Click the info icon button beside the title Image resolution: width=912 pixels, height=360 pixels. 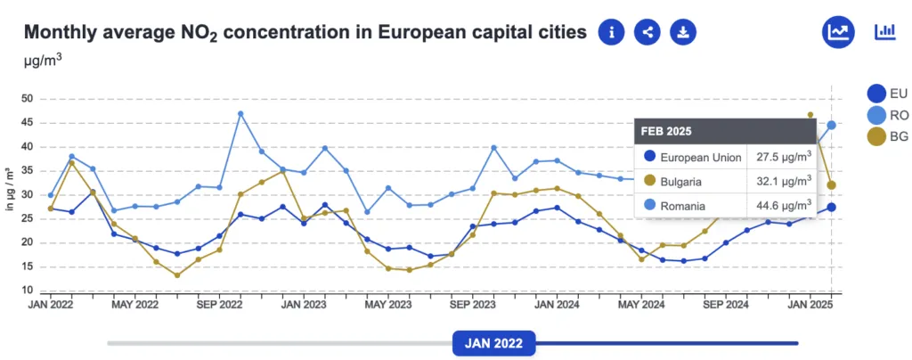[611, 32]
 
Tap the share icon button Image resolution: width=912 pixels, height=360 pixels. [647, 32]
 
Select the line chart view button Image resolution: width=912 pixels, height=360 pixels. [838, 32]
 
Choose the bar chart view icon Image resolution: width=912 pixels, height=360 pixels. [885, 32]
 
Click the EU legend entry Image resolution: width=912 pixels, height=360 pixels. [886, 93]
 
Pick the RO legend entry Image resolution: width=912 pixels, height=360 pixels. [886, 115]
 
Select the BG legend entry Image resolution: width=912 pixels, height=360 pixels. [886, 136]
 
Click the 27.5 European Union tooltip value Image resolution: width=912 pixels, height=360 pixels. [780, 158]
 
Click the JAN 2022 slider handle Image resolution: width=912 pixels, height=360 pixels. [493, 343]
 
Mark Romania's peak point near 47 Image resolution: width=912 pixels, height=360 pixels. [240, 114]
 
